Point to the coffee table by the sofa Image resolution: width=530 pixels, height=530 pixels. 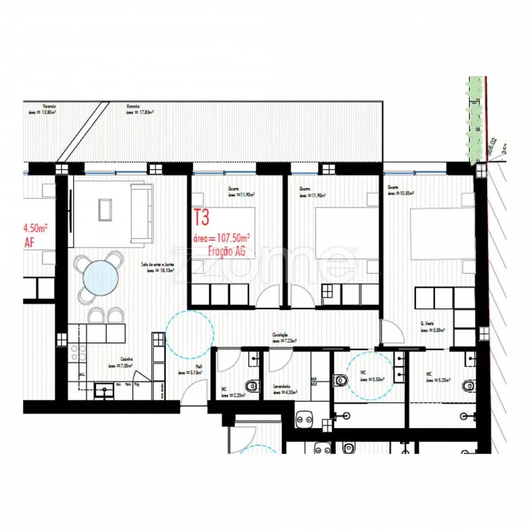[105, 210]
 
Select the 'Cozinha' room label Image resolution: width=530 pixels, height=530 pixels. [127, 359]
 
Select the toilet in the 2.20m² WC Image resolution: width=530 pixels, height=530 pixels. [253, 385]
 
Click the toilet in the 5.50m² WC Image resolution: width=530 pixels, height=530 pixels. [340, 379]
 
